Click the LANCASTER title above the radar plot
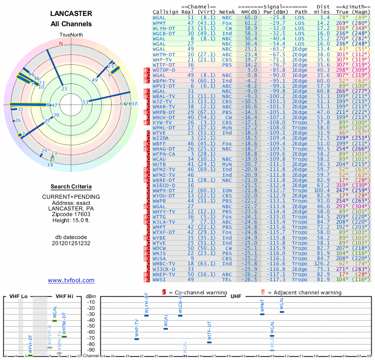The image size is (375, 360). coord(71,14)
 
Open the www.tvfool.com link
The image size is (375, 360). coord(71,280)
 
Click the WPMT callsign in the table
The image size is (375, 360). coord(159,22)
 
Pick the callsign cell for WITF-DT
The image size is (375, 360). coord(164,65)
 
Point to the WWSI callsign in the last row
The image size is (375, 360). coord(159,279)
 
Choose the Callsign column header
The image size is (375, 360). coord(166,11)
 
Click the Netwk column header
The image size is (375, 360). coord(227,11)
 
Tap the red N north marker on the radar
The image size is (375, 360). coord(60,44)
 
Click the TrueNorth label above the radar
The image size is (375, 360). coord(71,35)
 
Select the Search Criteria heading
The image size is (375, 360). coord(71,187)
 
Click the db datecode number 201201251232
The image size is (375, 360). coord(71,243)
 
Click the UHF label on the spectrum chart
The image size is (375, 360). coord(236,296)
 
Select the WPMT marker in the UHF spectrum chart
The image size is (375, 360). coord(262,314)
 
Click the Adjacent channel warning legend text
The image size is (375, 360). coord(304,292)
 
